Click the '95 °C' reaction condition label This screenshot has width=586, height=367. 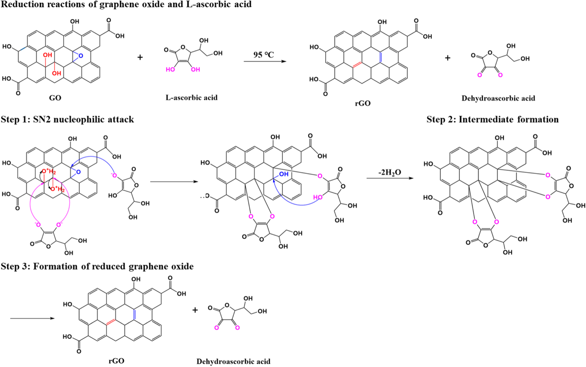click(x=263, y=54)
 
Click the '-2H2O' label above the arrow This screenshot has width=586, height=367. click(x=389, y=172)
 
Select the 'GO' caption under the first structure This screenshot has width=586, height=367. click(x=55, y=98)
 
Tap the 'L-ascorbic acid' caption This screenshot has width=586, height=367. click(x=191, y=98)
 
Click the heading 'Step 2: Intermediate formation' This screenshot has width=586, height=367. click(x=492, y=119)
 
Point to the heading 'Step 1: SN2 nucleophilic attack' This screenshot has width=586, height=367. click(x=67, y=119)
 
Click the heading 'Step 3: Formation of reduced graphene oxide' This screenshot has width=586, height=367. click(x=97, y=266)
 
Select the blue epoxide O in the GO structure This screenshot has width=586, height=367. click(x=81, y=55)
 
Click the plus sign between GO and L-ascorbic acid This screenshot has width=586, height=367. click(x=140, y=57)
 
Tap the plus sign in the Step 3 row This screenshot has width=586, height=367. click(x=195, y=310)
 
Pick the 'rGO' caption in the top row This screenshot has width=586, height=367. click(x=363, y=103)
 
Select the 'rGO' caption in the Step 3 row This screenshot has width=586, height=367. click(x=116, y=361)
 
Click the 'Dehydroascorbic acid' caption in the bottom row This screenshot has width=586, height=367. click(x=233, y=362)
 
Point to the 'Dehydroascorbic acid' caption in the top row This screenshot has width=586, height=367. click(x=498, y=98)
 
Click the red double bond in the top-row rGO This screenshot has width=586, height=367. click(x=357, y=64)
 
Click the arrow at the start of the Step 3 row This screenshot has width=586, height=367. click(x=32, y=318)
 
